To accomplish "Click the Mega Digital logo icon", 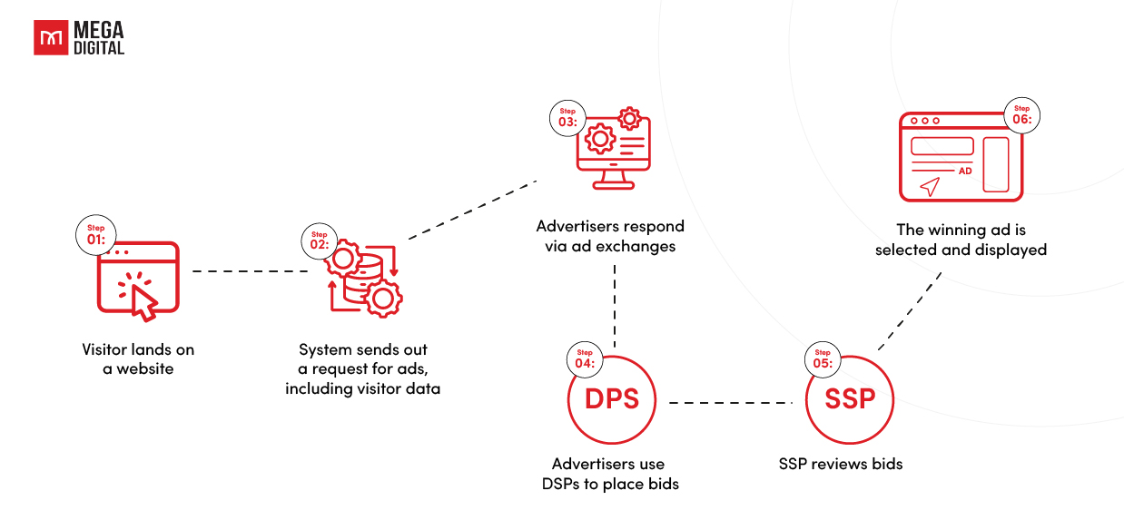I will click(49, 38).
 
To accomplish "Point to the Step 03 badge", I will click(567, 117).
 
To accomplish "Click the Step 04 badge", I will click(585, 358).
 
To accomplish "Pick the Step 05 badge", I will click(823, 358).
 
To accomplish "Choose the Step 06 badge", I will click(1022, 114).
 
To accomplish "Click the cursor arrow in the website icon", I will click(141, 298).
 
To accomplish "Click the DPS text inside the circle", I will click(611, 399).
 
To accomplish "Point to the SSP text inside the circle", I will click(850, 399).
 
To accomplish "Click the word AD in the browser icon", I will click(965, 171).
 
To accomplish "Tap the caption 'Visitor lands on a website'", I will click(138, 359).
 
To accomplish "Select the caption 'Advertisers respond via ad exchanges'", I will click(610, 236).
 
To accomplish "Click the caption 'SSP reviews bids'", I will click(841, 464).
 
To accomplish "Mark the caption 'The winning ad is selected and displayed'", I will click(961, 240).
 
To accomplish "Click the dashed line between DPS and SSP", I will click(731, 402).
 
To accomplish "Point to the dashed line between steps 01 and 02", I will click(251, 271).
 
